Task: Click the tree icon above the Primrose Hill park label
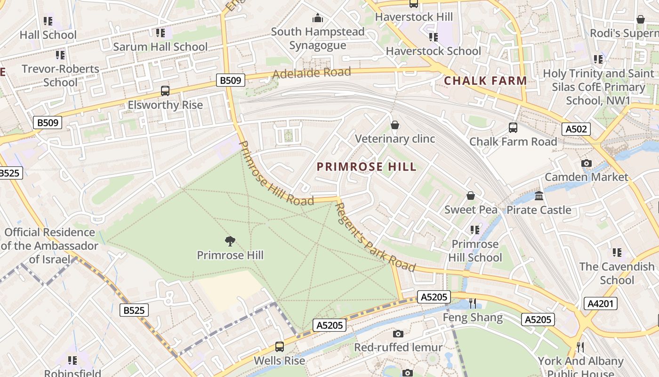point(230,241)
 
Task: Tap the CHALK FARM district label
point(485,81)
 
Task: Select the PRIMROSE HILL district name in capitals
point(367,167)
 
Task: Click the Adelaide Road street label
point(312,73)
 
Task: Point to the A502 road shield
point(576,129)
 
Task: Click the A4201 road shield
point(600,303)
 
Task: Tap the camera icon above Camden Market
point(586,163)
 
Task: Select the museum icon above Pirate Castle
point(539,196)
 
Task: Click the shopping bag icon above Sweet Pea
point(470,196)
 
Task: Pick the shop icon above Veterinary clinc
point(394,125)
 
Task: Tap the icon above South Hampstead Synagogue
point(318,18)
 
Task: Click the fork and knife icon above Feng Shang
point(473,303)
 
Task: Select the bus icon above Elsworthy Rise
point(165,90)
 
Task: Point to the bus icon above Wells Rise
point(279,347)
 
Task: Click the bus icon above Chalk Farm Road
point(513,127)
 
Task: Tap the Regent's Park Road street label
point(375,238)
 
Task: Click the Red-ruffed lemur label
point(398,348)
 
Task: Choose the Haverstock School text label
point(433,51)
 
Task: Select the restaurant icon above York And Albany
point(580,347)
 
